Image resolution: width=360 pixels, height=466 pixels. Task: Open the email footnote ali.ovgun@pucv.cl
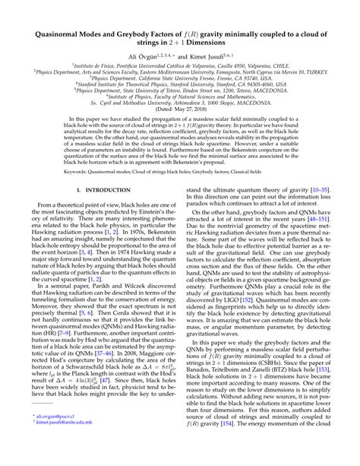[55, 439]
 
